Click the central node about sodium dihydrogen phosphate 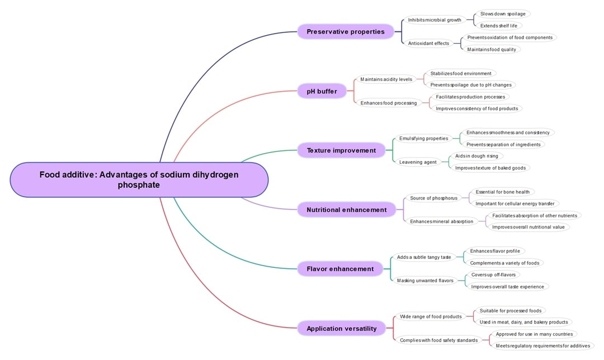(x=139, y=179)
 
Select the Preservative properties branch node (x=345, y=31)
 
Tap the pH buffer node (x=322, y=91)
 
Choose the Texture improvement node (x=341, y=150)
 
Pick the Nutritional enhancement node (x=346, y=210)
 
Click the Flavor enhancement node (x=339, y=269)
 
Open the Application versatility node (x=341, y=328)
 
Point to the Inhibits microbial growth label (x=435, y=20)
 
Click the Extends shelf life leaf (x=498, y=26)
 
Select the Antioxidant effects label (x=428, y=43)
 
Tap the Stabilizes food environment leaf (x=460, y=73)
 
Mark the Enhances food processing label (x=388, y=103)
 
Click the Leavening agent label (x=418, y=162)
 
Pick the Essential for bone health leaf (x=501, y=192)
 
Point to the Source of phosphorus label (x=433, y=198)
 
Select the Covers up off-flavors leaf (x=494, y=274)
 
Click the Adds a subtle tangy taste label (x=423, y=257)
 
